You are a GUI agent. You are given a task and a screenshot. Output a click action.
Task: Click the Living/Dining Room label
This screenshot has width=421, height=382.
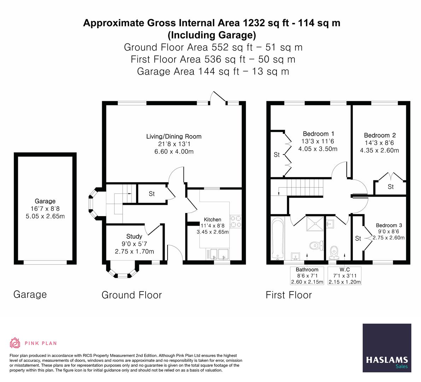point(174,137)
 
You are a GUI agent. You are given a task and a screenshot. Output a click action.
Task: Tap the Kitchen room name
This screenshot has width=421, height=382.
point(212,220)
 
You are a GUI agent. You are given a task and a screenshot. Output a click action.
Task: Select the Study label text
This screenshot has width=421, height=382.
point(134,236)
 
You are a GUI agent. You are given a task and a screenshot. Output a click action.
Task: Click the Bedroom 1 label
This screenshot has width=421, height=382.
point(318,134)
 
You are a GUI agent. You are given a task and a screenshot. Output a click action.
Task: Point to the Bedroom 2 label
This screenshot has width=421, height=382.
point(380,135)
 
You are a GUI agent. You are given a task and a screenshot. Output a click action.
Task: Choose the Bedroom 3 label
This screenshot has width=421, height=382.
point(389,225)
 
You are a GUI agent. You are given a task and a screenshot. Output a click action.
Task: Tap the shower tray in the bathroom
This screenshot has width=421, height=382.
point(315,224)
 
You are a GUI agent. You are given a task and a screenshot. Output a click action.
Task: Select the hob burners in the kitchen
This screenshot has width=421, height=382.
point(236,222)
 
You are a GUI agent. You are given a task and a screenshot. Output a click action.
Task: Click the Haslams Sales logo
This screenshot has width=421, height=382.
point(387,348)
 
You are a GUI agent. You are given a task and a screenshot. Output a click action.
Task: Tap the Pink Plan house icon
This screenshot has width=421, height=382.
point(15,343)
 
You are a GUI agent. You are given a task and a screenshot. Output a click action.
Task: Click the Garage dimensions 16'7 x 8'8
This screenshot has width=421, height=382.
point(45,209)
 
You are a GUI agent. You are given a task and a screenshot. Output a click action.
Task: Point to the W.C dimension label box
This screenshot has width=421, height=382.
point(345,276)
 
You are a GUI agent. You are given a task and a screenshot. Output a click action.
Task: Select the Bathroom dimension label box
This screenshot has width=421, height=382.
point(307,276)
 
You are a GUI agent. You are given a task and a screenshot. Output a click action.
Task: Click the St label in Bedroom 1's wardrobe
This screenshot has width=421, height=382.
point(276,155)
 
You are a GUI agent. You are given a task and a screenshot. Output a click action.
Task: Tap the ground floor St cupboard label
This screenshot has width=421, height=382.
point(152,194)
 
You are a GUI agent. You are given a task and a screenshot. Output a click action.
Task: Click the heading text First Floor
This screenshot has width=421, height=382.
point(289,295)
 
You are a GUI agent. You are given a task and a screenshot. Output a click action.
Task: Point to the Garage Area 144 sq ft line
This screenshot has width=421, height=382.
point(213,71)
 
